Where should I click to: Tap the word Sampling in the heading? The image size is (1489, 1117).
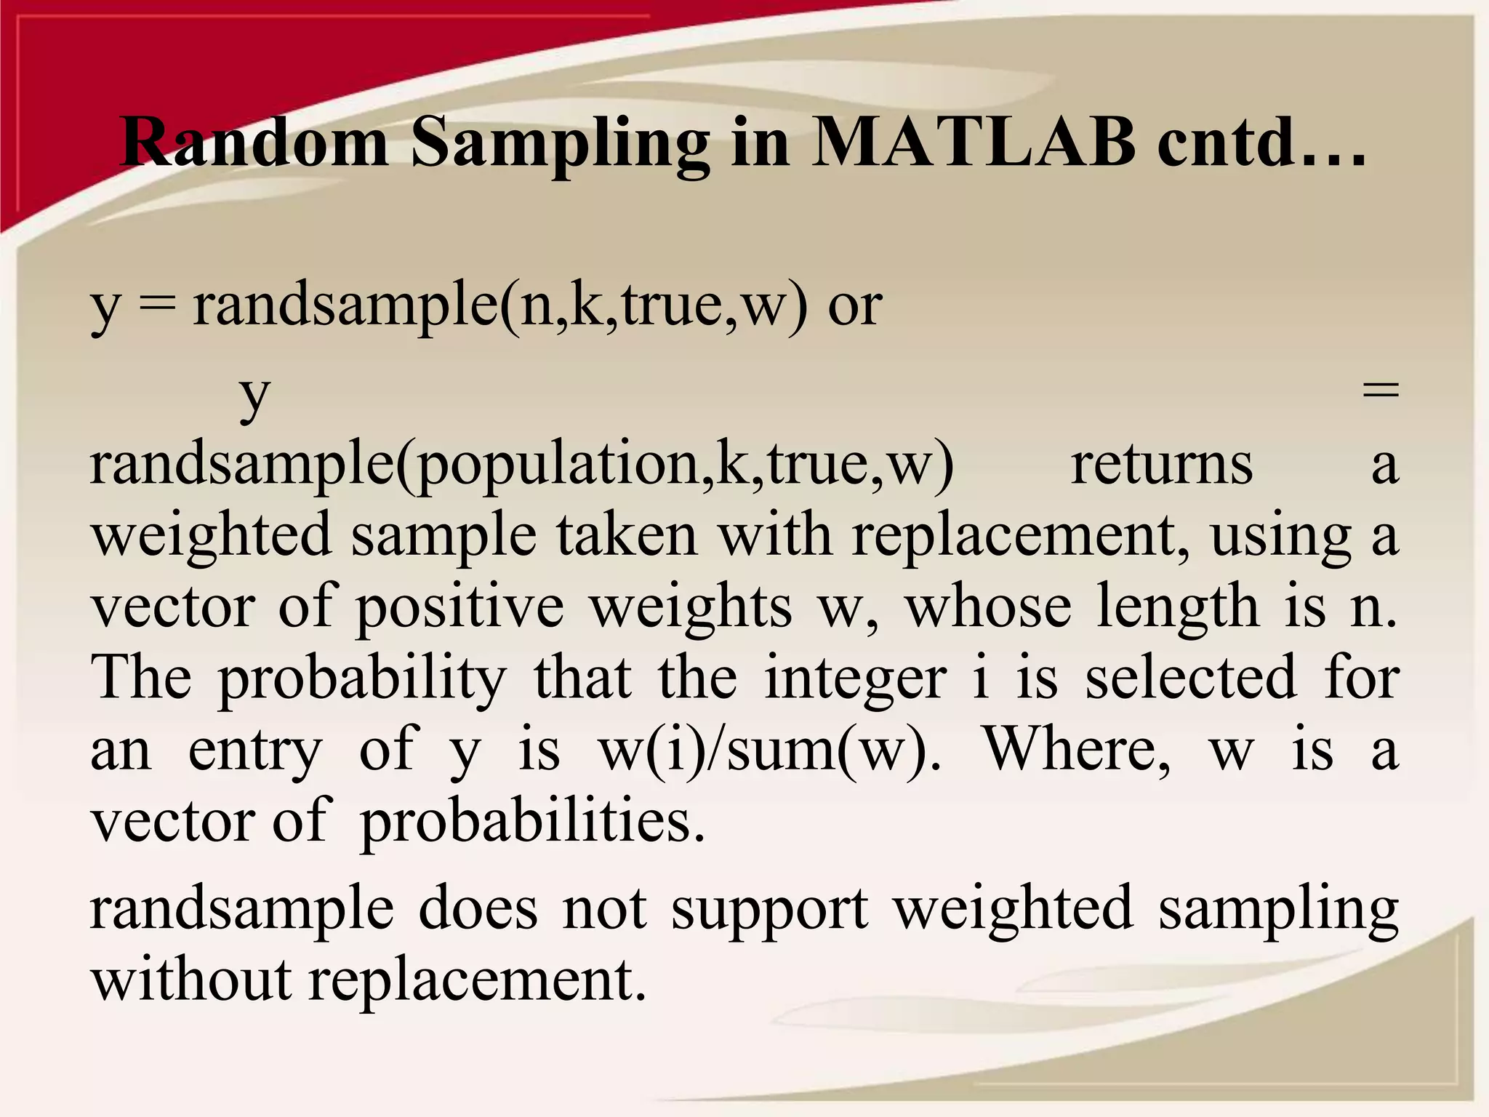point(560,143)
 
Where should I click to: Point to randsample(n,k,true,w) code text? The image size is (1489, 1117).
point(500,305)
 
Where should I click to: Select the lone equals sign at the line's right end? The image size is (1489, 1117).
point(1380,391)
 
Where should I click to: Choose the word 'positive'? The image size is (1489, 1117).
point(459,608)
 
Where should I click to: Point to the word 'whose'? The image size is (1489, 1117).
point(987,608)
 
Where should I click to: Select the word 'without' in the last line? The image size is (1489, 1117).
point(191,980)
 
